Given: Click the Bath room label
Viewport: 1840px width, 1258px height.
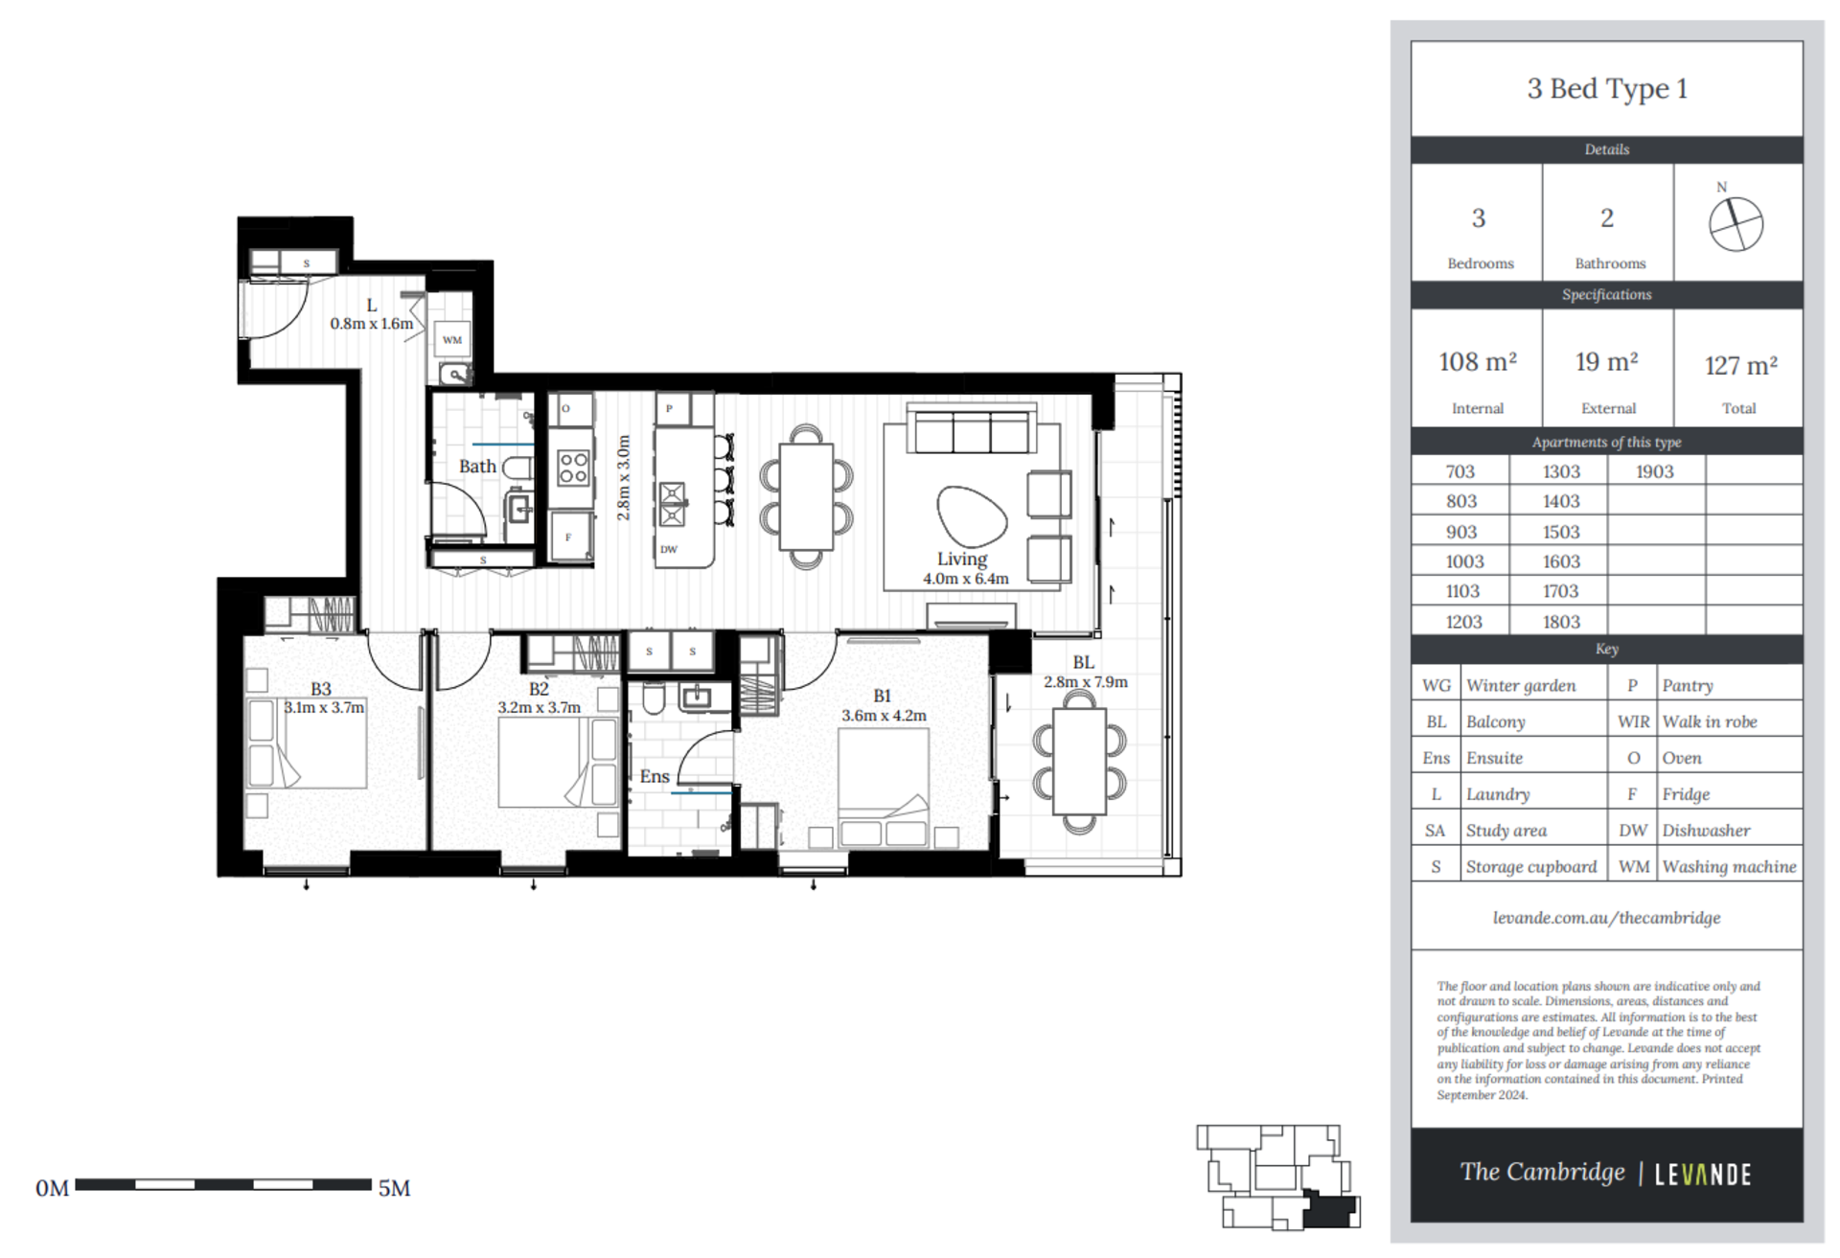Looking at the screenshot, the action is [477, 467].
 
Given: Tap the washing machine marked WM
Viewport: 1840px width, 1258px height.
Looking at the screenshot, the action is [452, 340].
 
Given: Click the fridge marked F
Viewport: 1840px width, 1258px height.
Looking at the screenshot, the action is [569, 537].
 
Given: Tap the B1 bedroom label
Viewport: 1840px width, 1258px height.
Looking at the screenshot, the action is [882, 697].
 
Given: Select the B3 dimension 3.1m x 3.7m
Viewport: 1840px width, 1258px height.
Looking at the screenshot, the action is [324, 708].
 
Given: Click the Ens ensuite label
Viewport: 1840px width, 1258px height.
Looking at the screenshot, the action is [655, 776].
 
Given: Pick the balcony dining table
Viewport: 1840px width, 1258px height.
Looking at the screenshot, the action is [1079, 762].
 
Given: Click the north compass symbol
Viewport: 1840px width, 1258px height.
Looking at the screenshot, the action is [1736, 224].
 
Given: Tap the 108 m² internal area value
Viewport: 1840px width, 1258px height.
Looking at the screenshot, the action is [1477, 362].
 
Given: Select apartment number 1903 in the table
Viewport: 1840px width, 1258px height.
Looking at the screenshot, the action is [1654, 471].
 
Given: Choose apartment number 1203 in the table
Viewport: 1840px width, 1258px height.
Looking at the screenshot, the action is [1463, 622].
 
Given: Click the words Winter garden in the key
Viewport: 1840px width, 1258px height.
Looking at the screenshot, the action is [1521, 685].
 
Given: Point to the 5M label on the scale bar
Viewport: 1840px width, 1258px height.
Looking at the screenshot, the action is [394, 1188].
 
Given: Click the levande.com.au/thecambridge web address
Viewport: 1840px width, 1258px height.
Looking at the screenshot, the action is [1606, 918].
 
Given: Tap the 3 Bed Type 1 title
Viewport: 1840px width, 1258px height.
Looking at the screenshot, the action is [1607, 89].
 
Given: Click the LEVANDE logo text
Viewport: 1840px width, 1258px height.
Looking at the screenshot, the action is [1703, 1175].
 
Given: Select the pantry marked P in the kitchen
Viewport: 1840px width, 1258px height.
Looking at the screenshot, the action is [669, 409].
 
